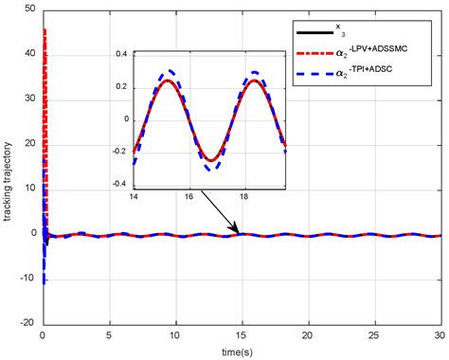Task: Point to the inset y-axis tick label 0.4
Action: pyautogui.click(x=120, y=55)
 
